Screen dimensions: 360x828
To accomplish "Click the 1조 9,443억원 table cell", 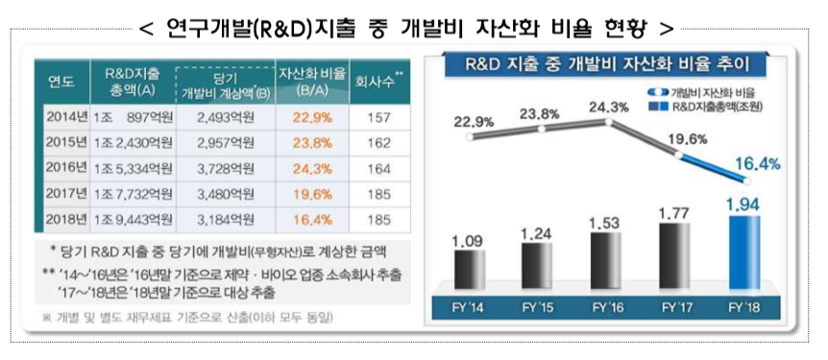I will [135, 218].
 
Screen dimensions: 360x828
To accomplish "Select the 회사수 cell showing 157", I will [382, 116].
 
